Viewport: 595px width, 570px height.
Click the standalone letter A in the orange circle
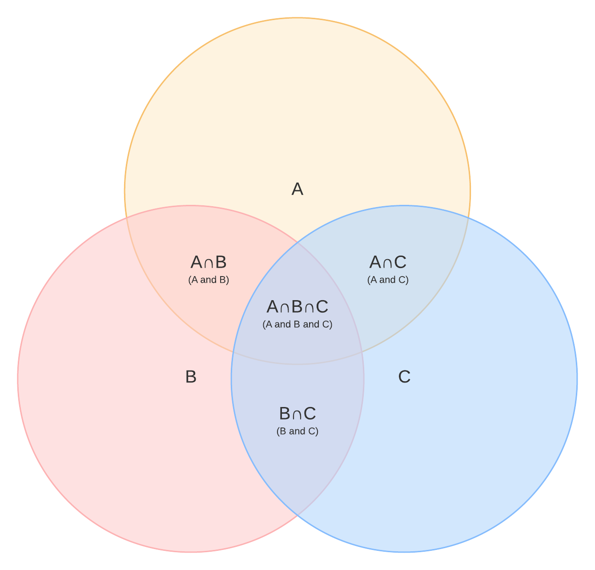(x=297, y=189)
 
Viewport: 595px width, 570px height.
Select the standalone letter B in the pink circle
(x=191, y=377)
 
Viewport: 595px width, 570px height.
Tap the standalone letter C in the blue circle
(x=404, y=377)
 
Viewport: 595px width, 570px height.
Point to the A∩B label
(x=209, y=262)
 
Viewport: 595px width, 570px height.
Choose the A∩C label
(x=388, y=262)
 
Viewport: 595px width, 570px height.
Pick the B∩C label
(x=297, y=414)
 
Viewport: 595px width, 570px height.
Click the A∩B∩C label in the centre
(x=297, y=307)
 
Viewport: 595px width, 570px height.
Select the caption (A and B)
(x=209, y=280)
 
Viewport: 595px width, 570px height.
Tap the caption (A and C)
(x=388, y=280)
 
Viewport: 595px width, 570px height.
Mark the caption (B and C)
(x=297, y=432)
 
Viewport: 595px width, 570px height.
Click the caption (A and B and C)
(x=297, y=325)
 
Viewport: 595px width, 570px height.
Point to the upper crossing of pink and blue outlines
(x=297, y=242)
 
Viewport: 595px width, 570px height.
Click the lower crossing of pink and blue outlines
(x=297, y=516)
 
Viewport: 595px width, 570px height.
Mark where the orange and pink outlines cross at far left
(x=127, y=218)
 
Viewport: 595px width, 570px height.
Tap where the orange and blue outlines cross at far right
(x=468, y=218)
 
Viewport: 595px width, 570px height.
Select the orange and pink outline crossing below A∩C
(x=362, y=352)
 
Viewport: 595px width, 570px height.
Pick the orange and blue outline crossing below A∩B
(x=233, y=352)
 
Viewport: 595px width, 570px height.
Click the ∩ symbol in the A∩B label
(x=209, y=264)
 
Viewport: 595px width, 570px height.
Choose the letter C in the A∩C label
(x=400, y=262)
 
